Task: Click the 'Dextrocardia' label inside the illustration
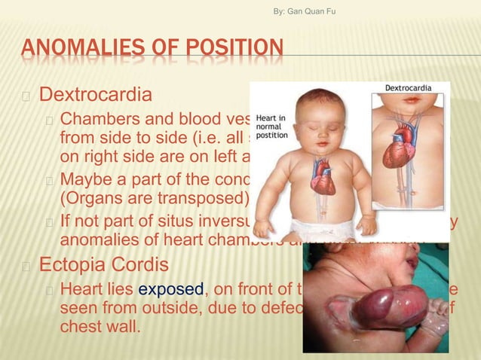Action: [x=408, y=88]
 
